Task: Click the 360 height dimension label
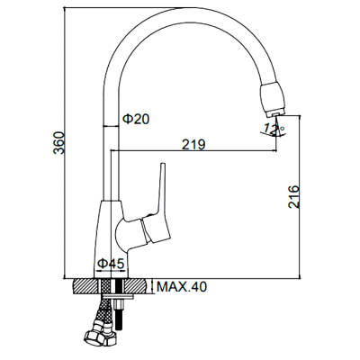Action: [58, 143]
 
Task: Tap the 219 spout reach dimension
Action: [193, 144]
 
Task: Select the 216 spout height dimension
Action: [293, 197]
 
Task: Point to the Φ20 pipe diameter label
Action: [136, 119]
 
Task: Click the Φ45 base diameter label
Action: [111, 264]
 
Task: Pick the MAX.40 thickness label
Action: [182, 287]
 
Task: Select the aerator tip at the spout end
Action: [274, 114]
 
